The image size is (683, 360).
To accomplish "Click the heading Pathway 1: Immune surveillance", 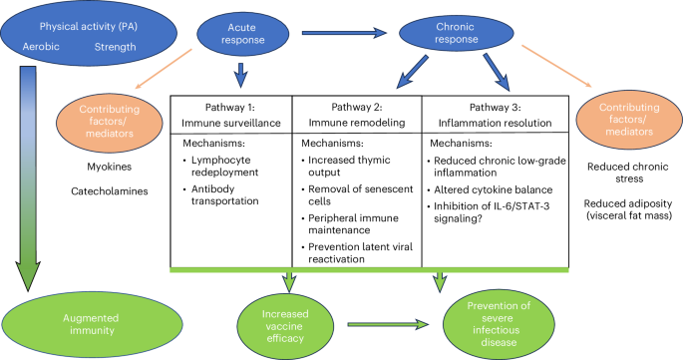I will [x=230, y=114].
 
